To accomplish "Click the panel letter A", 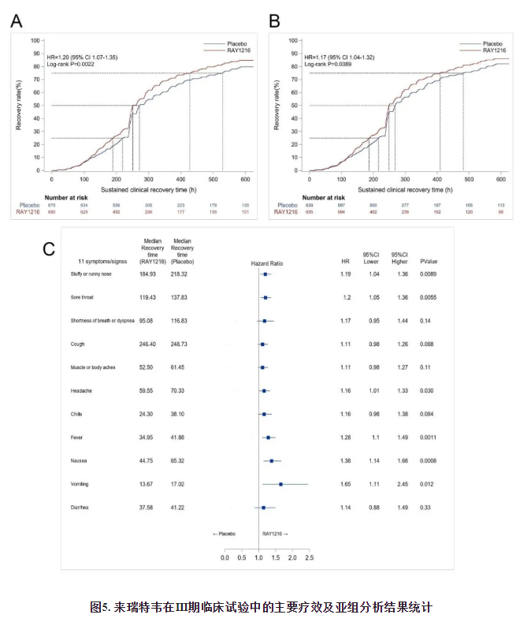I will (x=16, y=21).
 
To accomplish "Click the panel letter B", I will (x=275, y=21).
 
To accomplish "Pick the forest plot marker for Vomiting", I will (x=280, y=484).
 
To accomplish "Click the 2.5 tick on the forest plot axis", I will (x=309, y=557).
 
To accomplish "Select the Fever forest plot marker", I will (x=268, y=437).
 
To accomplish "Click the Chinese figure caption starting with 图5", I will (x=260, y=607).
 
